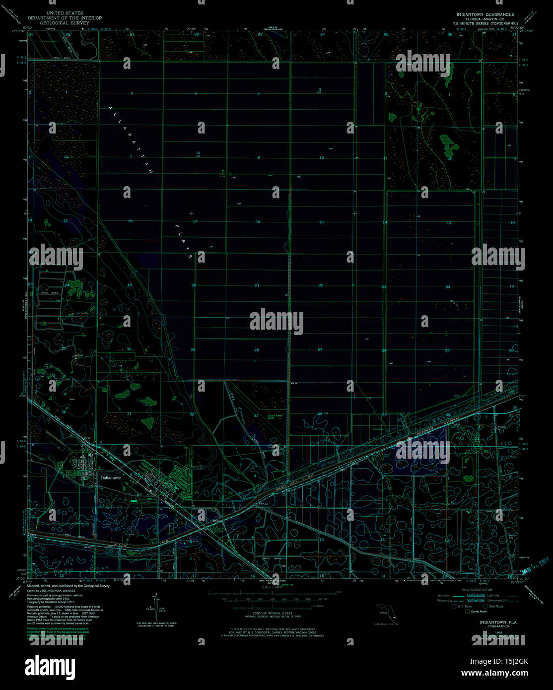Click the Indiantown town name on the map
click(x=111, y=478)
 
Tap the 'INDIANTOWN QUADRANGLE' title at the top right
click(x=485, y=15)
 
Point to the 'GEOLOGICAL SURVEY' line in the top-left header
click(x=65, y=23)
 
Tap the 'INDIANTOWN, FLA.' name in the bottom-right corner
click(x=498, y=622)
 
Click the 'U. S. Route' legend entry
click(x=464, y=606)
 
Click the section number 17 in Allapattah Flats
click(x=195, y=221)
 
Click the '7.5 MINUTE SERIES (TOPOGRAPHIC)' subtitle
click(x=485, y=23)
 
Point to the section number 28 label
click(x=257, y=350)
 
